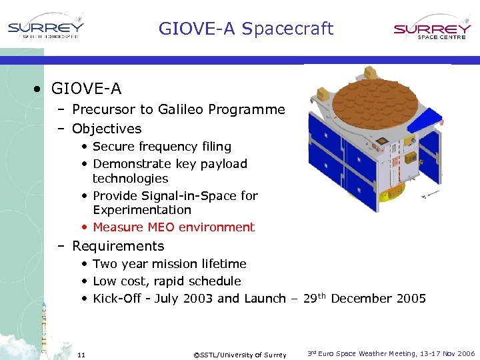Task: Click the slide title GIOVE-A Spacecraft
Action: pos(245,29)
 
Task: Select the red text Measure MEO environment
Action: pos(173,227)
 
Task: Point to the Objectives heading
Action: pos(107,129)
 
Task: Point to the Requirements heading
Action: pos(117,246)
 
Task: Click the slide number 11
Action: pos(81,354)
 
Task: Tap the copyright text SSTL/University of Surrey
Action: pos(239,355)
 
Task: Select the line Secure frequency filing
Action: pos(162,147)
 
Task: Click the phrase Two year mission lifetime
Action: pos(169,264)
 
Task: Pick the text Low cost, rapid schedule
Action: pos(167,281)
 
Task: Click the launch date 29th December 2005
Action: pos(364,298)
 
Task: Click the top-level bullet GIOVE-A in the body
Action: pos(86,88)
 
